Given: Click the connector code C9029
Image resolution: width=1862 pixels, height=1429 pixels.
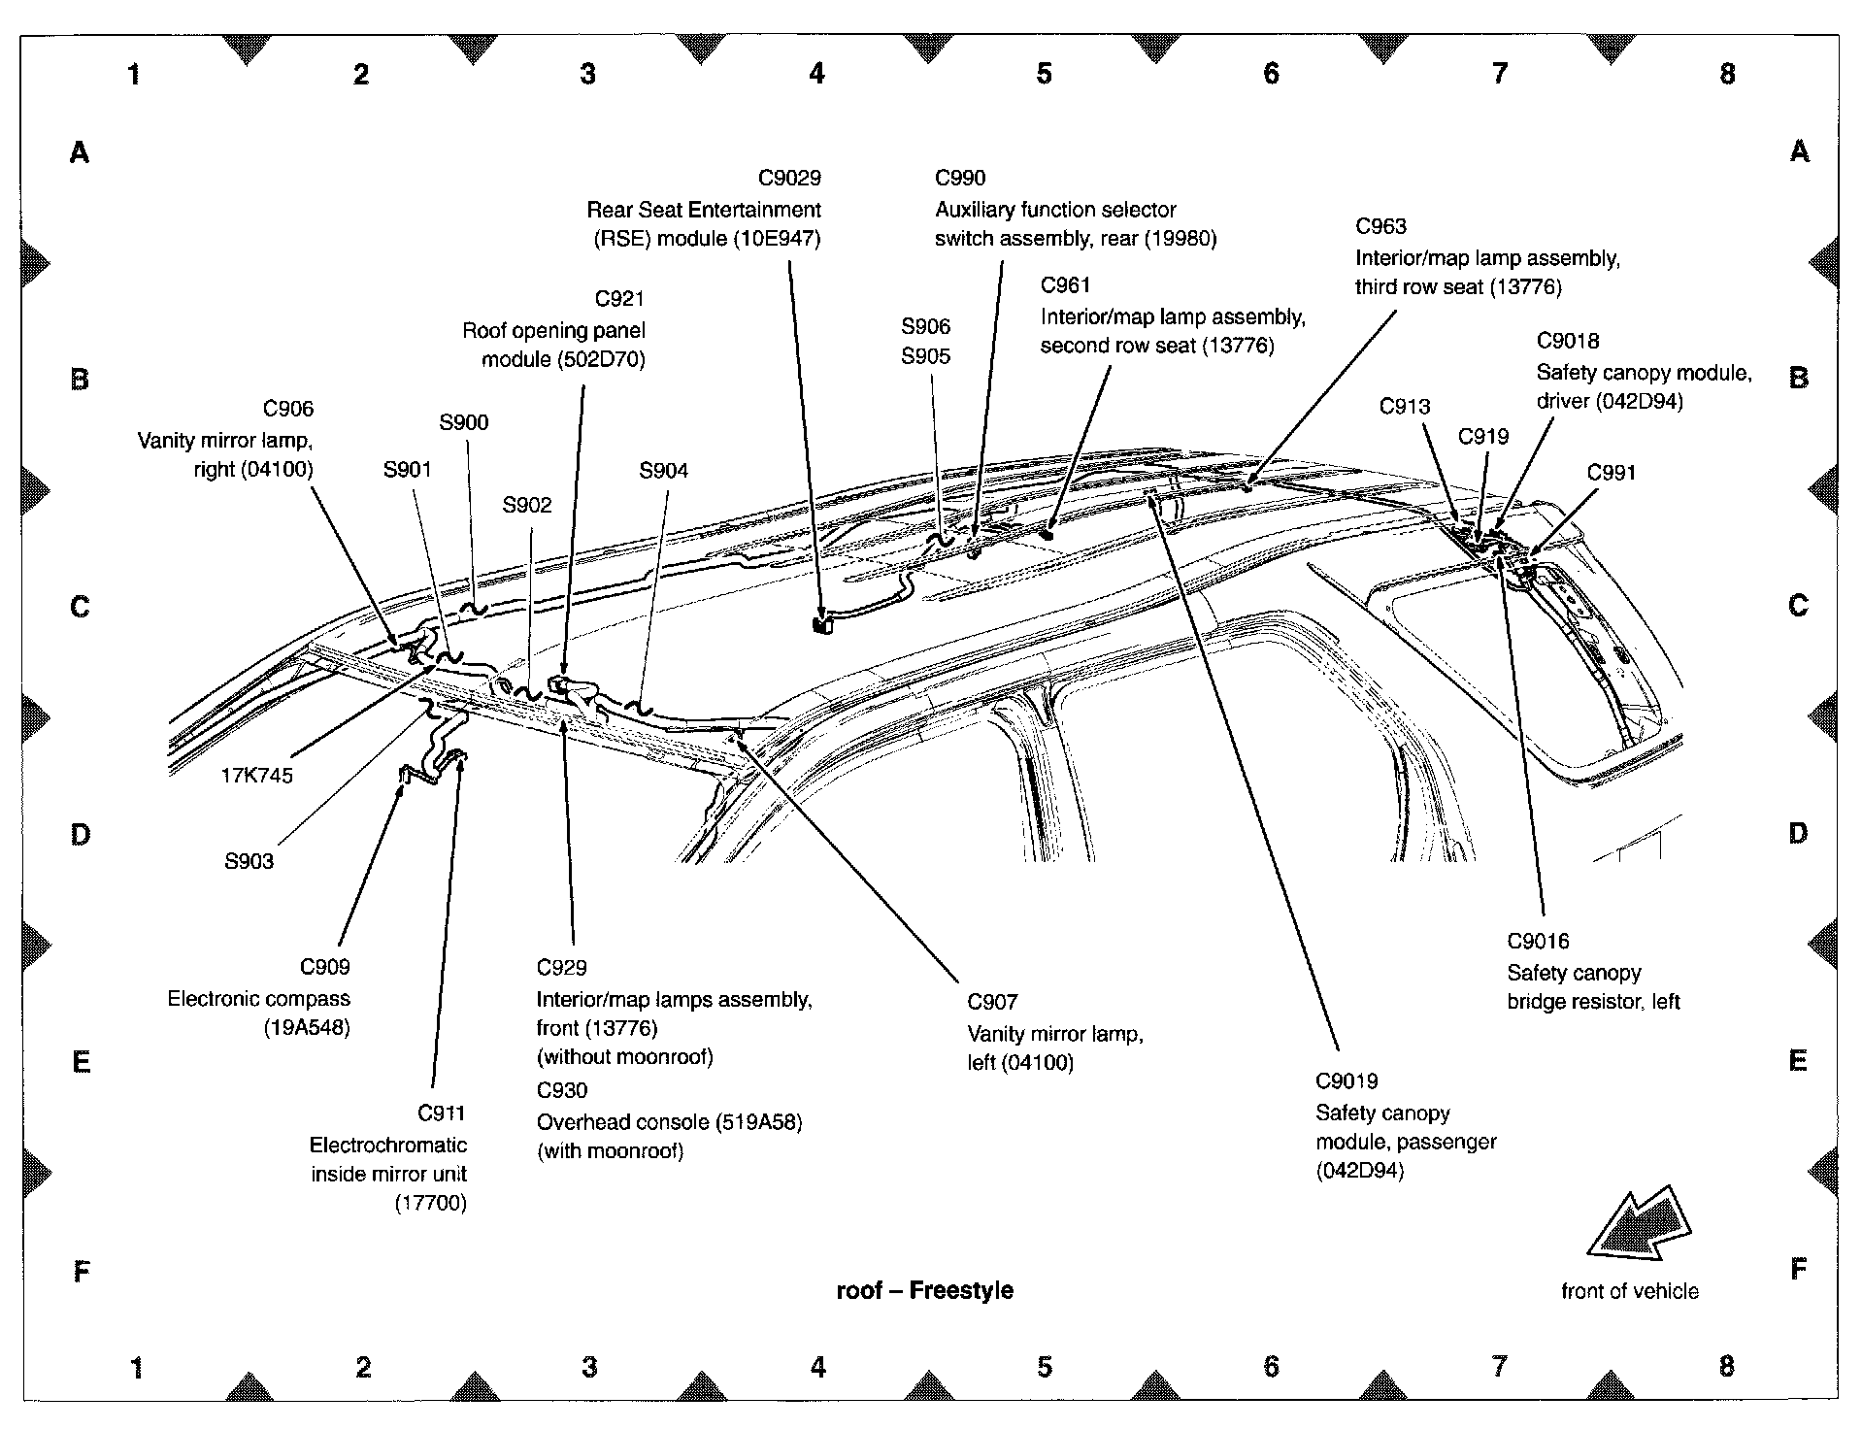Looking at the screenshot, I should (x=789, y=178).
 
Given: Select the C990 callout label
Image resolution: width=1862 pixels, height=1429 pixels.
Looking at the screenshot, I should (x=960, y=178).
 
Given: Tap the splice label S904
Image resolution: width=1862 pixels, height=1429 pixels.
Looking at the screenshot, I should (x=663, y=471).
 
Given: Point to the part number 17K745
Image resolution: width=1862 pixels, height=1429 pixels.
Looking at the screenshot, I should (x=256, y=775).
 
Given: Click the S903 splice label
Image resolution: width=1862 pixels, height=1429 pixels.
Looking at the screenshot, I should (x=249, y=861).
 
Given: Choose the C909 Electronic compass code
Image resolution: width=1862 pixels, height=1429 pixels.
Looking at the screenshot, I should (x=324, y=967).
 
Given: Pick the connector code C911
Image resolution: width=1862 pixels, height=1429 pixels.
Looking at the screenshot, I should (x=442, y=1113).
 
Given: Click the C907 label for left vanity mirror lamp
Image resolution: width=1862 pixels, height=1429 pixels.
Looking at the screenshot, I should (x=992, y=1002).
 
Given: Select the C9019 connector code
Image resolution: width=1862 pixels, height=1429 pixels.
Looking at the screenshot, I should (x=1347, y=1081).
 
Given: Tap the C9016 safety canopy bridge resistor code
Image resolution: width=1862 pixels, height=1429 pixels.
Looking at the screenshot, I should (x=1538, y=941).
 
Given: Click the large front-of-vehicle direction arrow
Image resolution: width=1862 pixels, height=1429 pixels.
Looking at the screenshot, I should (x=1640, y=1226).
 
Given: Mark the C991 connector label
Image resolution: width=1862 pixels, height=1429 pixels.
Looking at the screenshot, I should (x=1612, y=473).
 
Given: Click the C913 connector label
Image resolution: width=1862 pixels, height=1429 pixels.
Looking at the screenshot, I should (x=1405, y=406).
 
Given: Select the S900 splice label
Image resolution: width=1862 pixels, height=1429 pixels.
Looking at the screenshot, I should (x=463, y=422).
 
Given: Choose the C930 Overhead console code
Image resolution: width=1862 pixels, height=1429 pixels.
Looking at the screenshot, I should (x=562, y=1090).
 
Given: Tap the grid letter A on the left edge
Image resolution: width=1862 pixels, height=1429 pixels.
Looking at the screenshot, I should (x=80, y=152).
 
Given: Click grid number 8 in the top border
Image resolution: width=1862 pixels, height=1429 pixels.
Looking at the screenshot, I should (x=1727, y=74).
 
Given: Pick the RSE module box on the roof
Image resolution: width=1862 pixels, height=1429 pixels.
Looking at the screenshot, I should (x=822, y=625).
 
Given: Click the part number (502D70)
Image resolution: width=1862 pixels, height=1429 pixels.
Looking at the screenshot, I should (x=601, y=359).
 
